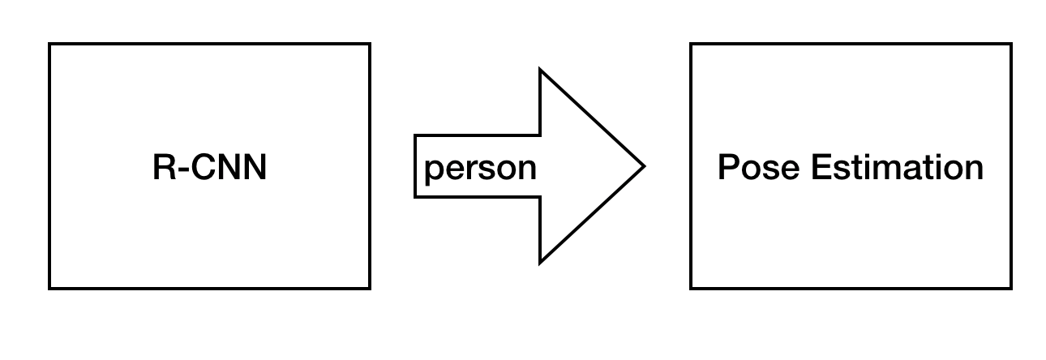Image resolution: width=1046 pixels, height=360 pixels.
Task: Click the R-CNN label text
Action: pos(209,168)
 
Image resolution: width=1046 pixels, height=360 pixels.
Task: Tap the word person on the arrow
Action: pos(480,168)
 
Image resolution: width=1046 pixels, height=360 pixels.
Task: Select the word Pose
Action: pos(759,168)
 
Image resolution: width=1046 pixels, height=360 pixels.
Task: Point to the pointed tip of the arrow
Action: pos(644,166)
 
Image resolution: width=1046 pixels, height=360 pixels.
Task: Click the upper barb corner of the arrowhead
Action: pos(540,71)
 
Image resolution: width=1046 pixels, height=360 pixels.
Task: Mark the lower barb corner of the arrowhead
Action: pos(540,263)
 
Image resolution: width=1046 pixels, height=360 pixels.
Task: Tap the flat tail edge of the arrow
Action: pos(415,166)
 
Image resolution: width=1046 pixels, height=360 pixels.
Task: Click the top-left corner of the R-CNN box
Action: pos(49,44)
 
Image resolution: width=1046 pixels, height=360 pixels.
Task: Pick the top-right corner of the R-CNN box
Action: pos(370,44)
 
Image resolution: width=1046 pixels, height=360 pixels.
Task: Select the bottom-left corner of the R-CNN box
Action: pos(49,288)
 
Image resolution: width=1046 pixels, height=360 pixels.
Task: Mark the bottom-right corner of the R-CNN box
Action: pos(370,288)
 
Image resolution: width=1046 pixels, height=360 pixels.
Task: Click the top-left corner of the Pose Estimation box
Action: pos(691,44)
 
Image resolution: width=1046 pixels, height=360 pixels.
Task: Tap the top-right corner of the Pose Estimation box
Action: pos(1011,44)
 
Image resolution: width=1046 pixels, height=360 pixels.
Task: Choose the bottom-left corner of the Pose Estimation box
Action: pos(691,288)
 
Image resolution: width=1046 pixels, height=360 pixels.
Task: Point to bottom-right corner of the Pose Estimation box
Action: pos(1011,288)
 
